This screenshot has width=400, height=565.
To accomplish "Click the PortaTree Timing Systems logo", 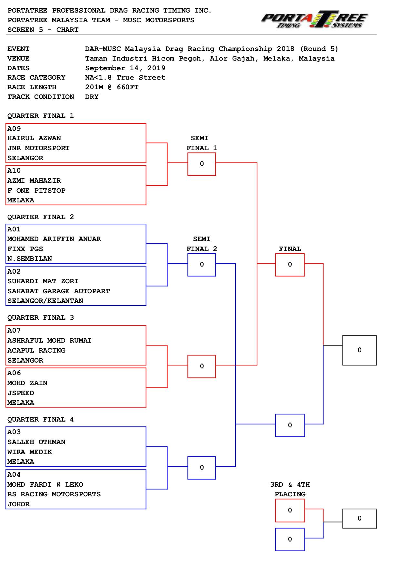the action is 315,20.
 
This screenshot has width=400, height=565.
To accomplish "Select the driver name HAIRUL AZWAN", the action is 34,138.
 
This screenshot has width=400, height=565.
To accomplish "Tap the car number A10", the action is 14,170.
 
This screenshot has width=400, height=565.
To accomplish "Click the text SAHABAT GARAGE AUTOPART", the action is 59,291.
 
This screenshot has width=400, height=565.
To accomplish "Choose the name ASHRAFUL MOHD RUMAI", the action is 49,340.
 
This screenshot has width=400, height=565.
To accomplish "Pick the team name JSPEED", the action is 21,393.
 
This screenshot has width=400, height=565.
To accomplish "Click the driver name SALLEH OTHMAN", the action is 36,442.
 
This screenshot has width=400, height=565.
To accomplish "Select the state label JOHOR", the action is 18,504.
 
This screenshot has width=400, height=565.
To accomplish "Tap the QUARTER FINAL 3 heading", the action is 41,318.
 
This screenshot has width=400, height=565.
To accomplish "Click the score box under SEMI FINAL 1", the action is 202,164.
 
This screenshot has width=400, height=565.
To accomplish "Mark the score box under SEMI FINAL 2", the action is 202,265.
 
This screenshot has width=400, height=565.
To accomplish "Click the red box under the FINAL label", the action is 290,265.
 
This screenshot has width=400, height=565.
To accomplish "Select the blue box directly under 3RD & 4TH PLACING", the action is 290,539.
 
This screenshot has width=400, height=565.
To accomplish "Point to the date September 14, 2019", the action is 125,68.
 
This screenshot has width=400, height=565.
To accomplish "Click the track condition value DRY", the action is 92,97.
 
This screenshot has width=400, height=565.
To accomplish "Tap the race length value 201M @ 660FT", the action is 112,87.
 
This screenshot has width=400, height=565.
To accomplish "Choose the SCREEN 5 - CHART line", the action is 43,30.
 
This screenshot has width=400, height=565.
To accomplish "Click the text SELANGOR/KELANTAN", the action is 45,301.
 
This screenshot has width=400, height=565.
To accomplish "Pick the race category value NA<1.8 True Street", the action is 125,77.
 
